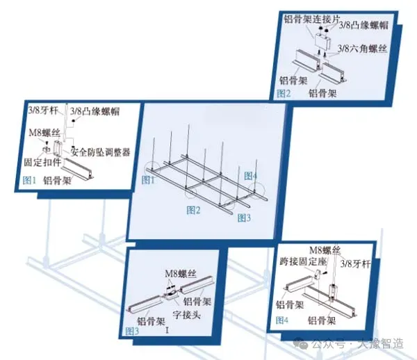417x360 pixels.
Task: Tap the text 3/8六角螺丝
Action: click(361, 49)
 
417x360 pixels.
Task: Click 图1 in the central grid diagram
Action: click(148, 179)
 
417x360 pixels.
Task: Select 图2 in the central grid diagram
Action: click(193, 209)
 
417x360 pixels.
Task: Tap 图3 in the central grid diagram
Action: click(244, 218)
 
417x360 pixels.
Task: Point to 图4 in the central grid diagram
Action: click(251, 176)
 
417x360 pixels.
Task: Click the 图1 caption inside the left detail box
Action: click(29, 179)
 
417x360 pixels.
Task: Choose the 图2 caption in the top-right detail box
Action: click(283, 92)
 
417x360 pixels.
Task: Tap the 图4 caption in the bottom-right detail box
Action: click(281, 320)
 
